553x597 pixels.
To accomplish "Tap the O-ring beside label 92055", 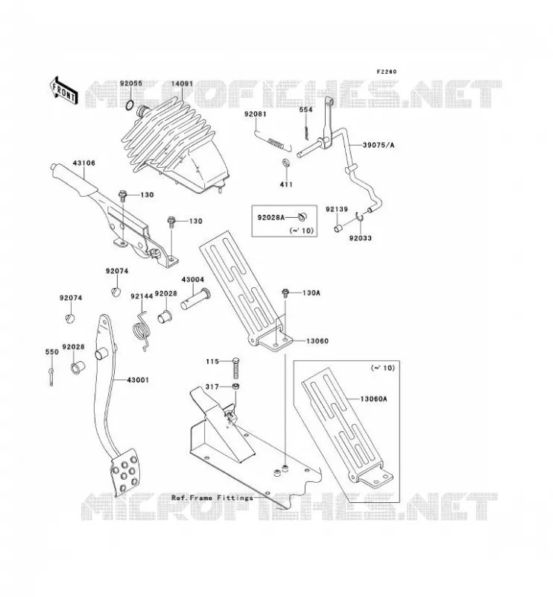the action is pos(130,104).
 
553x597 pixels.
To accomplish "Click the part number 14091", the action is pos(182,84).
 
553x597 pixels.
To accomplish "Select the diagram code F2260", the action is pos(386,72).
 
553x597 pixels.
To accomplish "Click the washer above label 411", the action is pos(285,163).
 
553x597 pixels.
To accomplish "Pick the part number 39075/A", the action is pos(379,145).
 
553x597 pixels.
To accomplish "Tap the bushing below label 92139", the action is pos(338,228).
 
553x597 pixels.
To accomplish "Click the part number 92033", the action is pos(361,238).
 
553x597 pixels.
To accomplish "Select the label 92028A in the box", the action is pos(271,217).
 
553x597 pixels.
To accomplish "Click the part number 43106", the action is pos(83,163).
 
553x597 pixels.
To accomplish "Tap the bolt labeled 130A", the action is pos(285,293).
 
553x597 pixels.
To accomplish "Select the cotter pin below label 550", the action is pos(51,377).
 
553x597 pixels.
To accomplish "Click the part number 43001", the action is pos(138,380).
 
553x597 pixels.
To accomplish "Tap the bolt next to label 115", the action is pos(236,368).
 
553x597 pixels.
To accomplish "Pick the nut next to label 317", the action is pos(236,387).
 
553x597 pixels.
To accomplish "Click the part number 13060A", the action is pos(373,399).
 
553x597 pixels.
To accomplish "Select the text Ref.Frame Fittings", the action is pos(212,498).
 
